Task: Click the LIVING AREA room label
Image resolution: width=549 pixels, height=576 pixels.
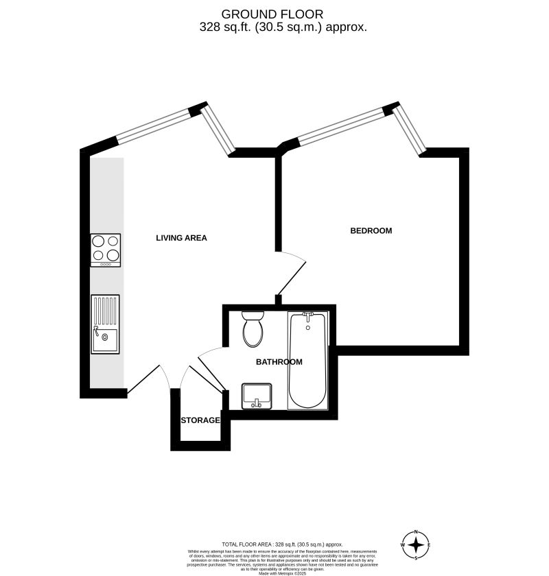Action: click(181, 238)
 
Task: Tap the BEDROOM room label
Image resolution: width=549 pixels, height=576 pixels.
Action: click(371, 230)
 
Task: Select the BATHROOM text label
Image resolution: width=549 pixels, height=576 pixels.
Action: click(279, 361)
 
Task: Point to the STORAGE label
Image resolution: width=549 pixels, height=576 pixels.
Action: click(200, 420)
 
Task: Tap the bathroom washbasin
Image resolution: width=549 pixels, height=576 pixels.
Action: click(257, 396)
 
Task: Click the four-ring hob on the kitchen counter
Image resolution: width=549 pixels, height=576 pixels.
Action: click(106, 250)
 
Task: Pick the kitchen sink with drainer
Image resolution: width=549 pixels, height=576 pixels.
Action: click(105, 324)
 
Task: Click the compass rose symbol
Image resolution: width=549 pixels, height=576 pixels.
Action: click(415, 545)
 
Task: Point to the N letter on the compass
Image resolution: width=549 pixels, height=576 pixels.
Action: click(415, 532)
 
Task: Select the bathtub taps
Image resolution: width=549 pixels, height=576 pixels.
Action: click(307, 315)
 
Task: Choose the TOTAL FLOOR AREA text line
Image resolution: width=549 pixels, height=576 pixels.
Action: click(281, 544)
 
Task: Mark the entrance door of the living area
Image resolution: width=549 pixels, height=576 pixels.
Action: click(145, 379)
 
